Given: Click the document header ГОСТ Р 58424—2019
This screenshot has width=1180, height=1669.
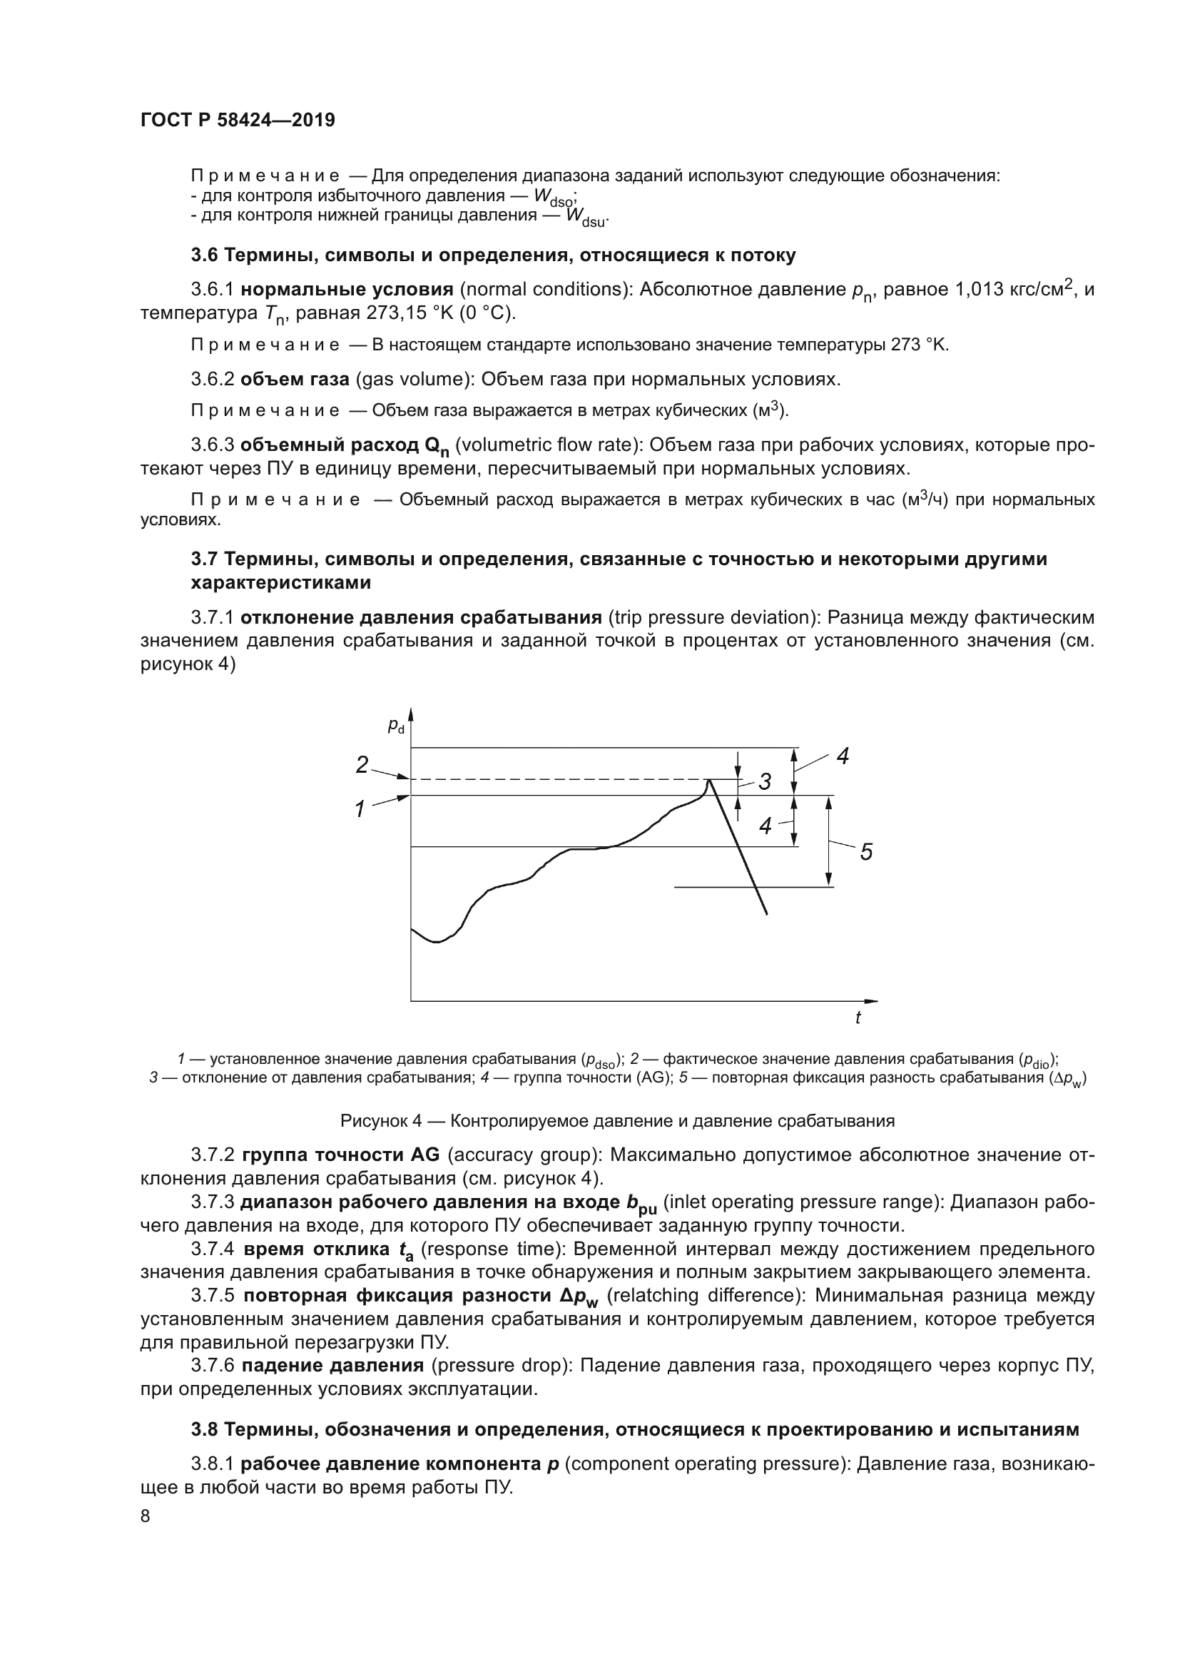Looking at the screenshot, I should pos(238,121).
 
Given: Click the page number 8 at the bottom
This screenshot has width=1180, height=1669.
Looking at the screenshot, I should pos(146,1515).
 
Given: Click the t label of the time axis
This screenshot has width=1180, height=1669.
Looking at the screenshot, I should pos(858,1018).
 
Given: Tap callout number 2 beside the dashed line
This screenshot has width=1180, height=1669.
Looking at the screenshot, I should pos(362,764).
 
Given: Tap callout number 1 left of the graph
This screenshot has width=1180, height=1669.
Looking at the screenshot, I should pos(359,809).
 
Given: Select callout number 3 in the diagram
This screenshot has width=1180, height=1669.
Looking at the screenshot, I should pos(764,782).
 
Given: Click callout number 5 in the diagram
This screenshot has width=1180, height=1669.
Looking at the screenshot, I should pos(865,851).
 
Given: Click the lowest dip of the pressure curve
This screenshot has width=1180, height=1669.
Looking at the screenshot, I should pos(436,942).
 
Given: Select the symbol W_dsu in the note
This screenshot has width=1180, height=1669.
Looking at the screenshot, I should pos(586,218).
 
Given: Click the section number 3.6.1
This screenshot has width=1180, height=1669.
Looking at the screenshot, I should pos(212,290).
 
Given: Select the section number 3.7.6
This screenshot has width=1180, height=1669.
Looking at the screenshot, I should pos(212,1366).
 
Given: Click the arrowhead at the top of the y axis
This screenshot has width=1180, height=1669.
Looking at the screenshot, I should pos(411,712).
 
